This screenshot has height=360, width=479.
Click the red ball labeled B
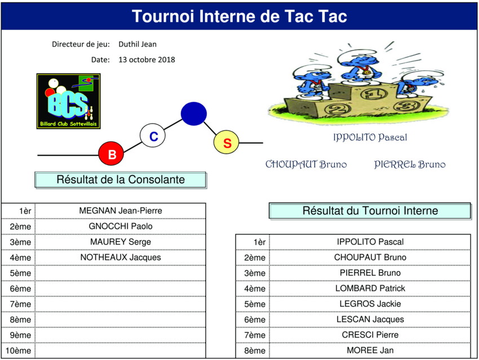(x=111, y=154)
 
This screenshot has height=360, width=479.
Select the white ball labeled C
(x=153, y=136)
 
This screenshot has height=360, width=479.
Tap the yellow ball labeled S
(x=227, y=142)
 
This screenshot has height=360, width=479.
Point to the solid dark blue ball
(x=194, y=114)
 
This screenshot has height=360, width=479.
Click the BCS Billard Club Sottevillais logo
(x=68, y=101)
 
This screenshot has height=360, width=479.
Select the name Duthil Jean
(x=138, y=45)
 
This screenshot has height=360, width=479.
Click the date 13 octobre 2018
(x=147, y=60)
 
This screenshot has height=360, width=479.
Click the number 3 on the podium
(x=407, y=106)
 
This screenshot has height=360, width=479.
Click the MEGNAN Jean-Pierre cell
(x=121, y=211)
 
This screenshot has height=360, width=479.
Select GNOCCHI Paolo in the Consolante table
(x=121, y=226)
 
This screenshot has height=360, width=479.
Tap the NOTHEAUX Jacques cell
(x=121, y=257)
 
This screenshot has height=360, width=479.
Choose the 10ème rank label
(x=19, y=350)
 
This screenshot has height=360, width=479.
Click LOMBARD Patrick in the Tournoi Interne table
(x=370, y=288)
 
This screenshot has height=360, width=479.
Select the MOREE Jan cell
(x=370, y=350)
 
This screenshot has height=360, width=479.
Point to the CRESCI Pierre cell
(x=370, y=335)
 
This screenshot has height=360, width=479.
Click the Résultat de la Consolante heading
(x=121, y=180)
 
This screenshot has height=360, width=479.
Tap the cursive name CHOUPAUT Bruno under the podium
(x=306, y=165)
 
